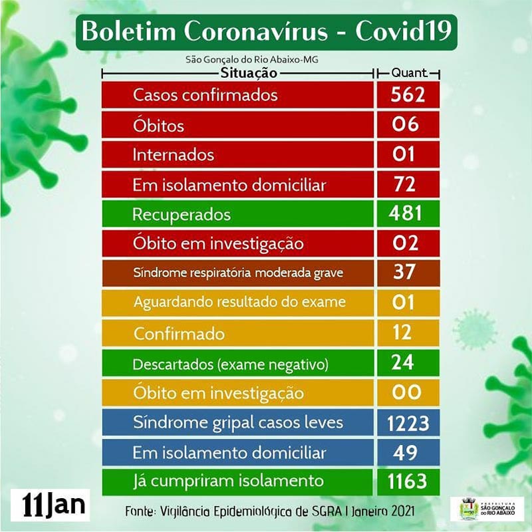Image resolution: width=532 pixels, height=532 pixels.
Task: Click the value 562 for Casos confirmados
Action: (x=407, y=95)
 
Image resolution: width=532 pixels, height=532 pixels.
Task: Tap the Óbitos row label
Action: (x=158, y=126)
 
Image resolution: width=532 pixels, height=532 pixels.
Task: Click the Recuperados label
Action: (x=182, y=214)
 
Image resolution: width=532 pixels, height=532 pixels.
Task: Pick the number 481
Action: (x=407, y=213)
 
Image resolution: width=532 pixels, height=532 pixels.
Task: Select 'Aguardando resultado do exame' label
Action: (x=239, y=301)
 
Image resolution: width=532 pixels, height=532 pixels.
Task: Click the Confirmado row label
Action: (x=178, y=333)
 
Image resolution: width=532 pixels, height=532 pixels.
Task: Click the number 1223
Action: (x=407, y=422)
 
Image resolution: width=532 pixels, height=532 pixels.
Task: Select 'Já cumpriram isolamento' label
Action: (x=228, y=480)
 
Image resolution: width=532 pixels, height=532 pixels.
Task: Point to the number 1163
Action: (x=407, y=481)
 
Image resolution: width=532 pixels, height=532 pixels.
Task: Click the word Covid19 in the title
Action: (x=405, y=32)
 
